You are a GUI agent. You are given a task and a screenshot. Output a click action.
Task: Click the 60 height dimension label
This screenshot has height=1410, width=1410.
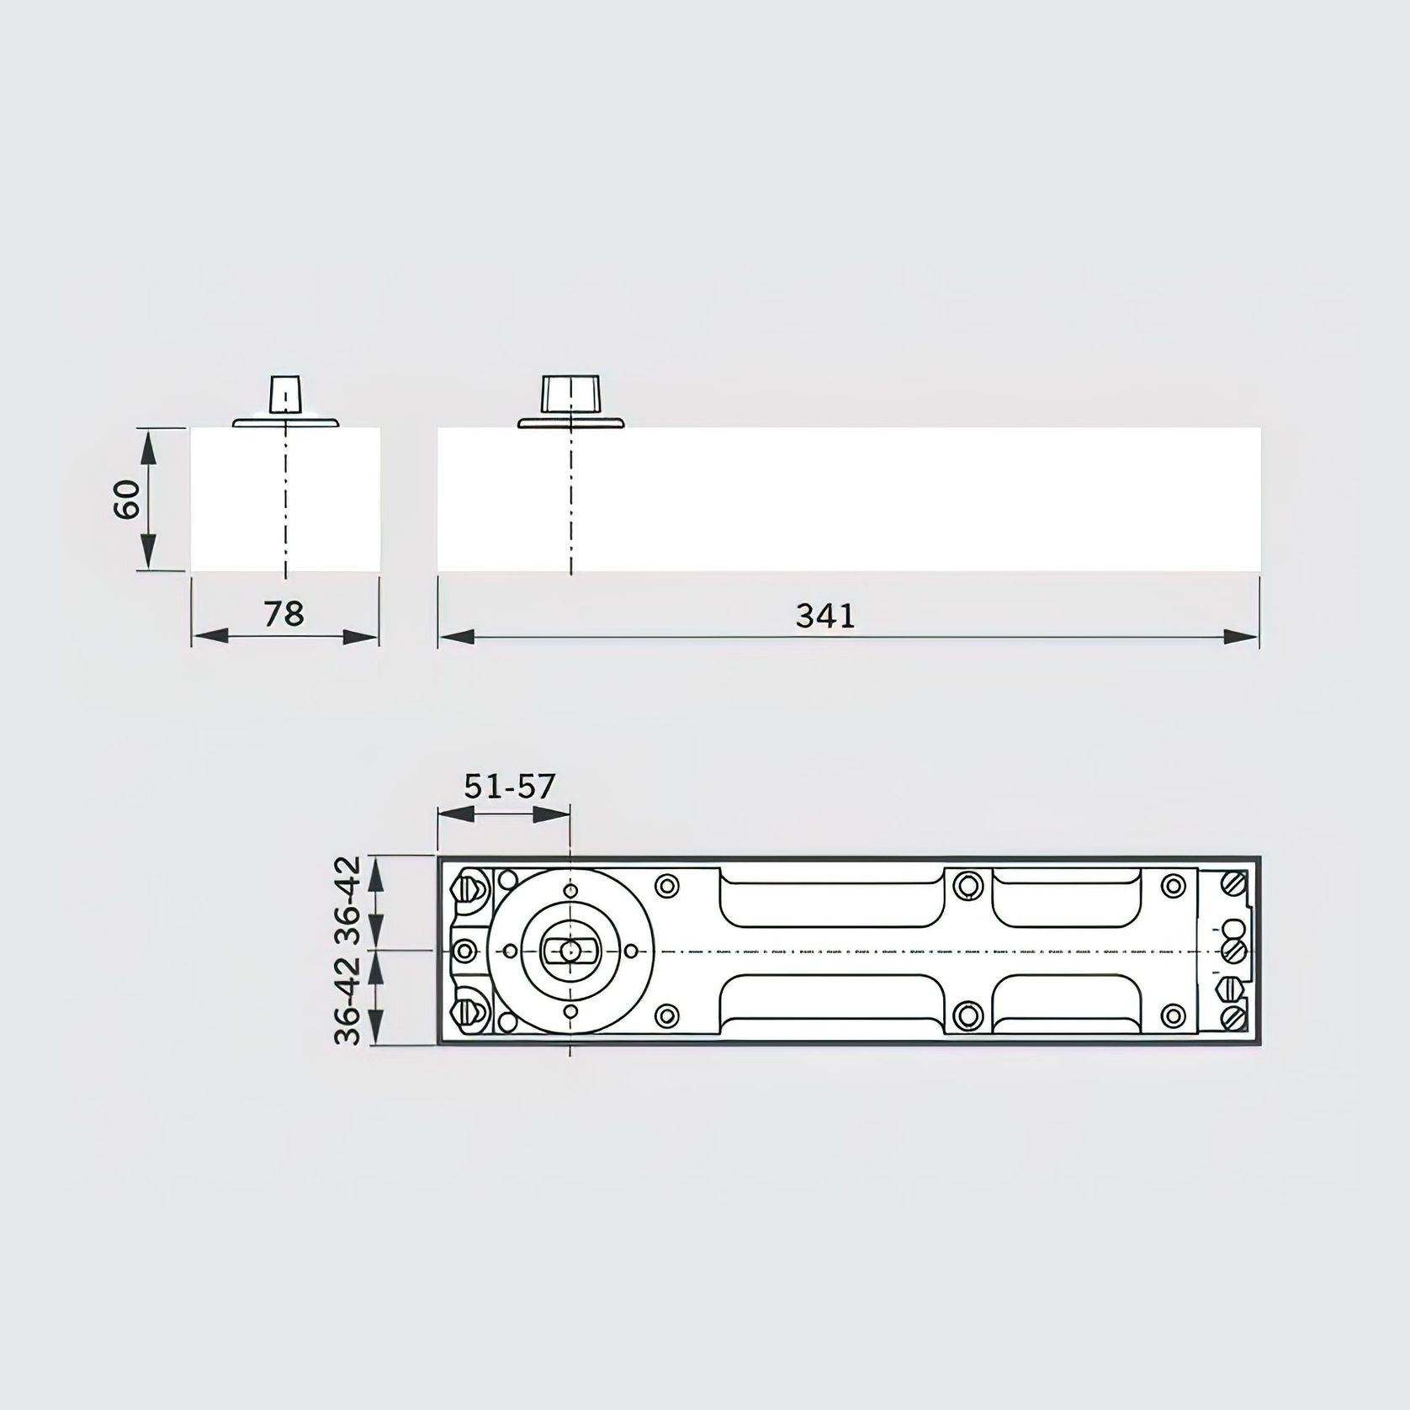(128, 500)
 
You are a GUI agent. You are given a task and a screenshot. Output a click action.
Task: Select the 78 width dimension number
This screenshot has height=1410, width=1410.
(284, 614)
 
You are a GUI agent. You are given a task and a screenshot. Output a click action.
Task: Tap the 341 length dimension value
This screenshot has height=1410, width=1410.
(825, 617)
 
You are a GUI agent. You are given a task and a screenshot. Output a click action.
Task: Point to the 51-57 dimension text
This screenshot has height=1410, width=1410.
(510, 787)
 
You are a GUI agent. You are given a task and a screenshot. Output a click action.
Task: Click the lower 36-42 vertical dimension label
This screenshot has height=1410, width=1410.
(347, 1000)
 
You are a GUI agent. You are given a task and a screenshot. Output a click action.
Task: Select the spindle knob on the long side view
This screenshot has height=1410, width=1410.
(570, 394)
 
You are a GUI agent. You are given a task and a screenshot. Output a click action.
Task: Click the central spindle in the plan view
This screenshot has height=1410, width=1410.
(570, 951)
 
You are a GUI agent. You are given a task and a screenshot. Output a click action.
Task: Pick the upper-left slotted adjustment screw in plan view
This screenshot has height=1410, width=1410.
(468, 888)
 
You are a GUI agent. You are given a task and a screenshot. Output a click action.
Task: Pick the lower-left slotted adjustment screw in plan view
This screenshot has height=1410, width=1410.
(468, 1013)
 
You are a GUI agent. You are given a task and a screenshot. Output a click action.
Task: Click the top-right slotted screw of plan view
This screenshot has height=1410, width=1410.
(1233, 884)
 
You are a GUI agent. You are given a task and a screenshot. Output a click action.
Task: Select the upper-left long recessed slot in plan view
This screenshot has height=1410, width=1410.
(831, 899)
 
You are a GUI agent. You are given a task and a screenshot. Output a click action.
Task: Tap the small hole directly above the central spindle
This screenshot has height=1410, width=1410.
(570, 891)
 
